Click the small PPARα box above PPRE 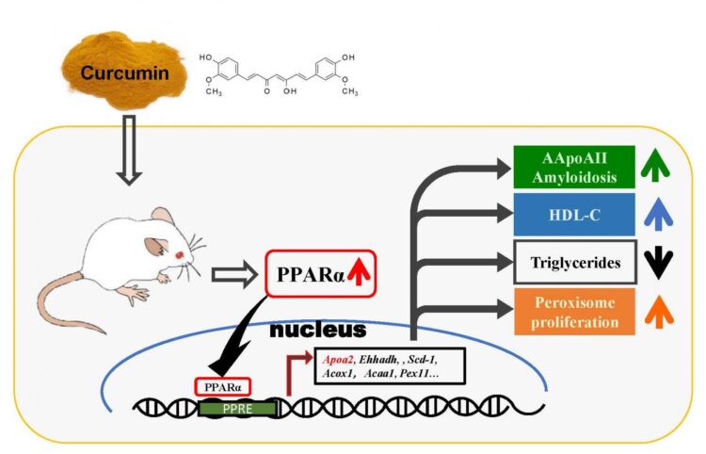click(222, 386)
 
